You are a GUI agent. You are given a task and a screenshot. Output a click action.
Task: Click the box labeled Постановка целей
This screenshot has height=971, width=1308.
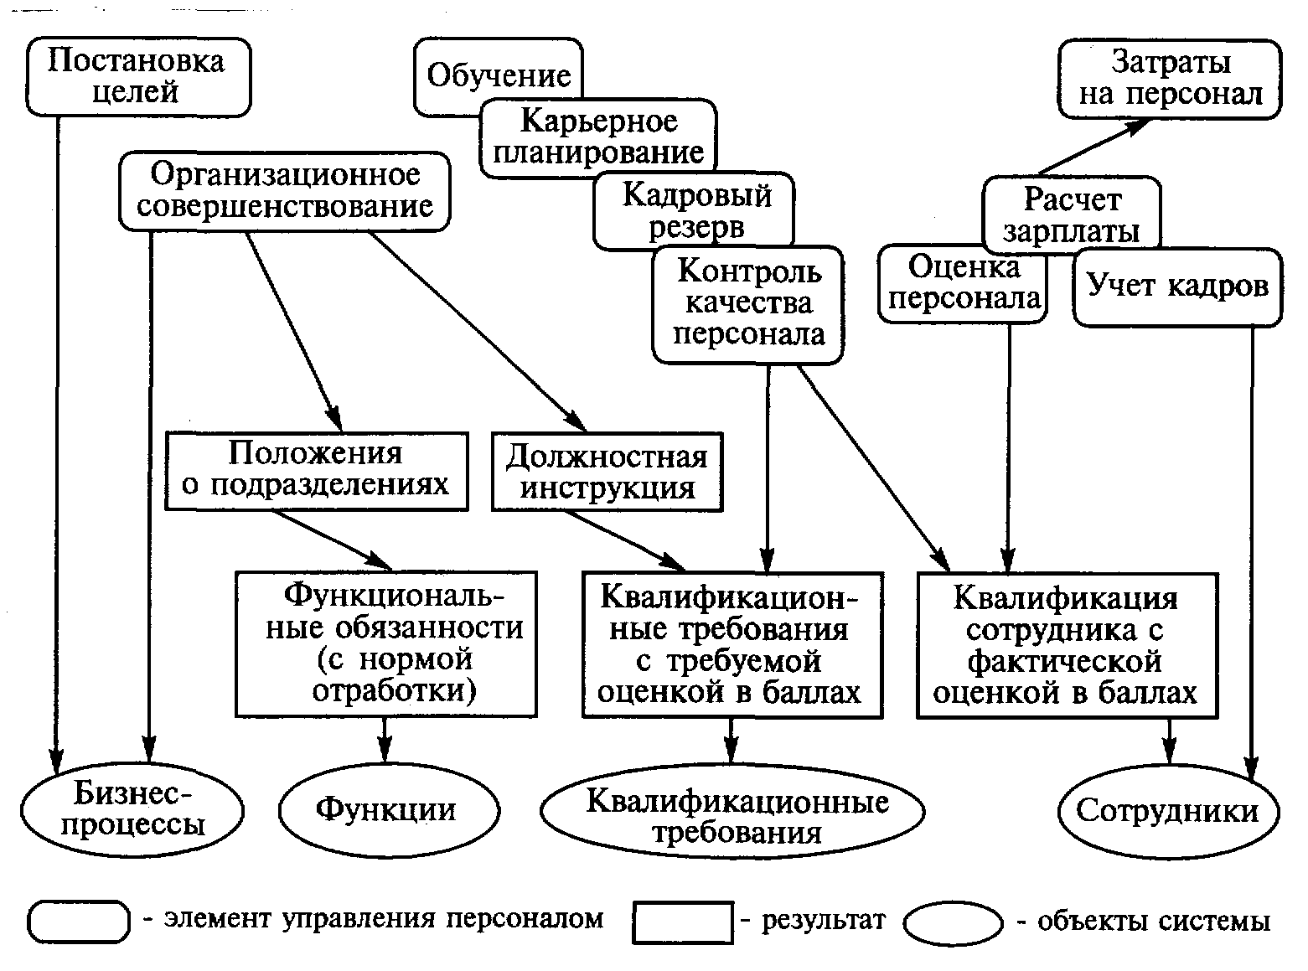tap(138, 76)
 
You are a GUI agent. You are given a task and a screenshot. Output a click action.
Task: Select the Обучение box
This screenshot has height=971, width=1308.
tap(499, 76)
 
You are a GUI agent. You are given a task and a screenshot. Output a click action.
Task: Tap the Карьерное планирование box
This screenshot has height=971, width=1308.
tap(598, 138)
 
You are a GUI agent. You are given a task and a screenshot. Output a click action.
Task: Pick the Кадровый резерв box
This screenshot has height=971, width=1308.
tap(694, 210)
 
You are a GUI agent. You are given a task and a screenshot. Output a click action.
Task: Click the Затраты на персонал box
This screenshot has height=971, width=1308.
tap(1170, 79)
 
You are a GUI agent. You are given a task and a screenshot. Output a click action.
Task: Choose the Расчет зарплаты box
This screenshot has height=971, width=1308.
tap(1072, 214)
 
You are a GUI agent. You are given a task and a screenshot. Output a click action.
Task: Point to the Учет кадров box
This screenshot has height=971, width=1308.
tap(1177, 287)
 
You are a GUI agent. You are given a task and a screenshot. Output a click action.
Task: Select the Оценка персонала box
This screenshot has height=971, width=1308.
tap(963, 283)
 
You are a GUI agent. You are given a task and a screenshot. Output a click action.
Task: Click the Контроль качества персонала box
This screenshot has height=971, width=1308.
tap(747, 304)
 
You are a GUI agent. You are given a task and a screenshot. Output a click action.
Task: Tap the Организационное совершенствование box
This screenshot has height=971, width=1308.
tap(285, 191)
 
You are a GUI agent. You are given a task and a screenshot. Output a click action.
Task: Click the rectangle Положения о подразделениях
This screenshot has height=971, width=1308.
tap(316, 471)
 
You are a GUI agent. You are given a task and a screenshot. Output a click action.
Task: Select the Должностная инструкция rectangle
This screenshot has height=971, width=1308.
tap(607, 472)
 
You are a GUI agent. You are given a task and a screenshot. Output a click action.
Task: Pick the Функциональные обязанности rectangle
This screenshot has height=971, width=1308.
tap(386, 643)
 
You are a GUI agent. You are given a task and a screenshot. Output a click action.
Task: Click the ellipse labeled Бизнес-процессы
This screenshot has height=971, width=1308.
tap(132, 809)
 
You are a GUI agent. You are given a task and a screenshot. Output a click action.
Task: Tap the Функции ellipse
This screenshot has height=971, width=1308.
tap(389, 809)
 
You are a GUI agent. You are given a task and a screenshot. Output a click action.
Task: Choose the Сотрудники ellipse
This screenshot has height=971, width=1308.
tap(1168, 812)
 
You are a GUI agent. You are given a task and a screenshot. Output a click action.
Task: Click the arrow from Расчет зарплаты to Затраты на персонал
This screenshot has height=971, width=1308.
tap(1094, 147)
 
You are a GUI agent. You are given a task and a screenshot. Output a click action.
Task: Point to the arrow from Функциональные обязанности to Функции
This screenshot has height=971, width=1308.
tap(385, 741)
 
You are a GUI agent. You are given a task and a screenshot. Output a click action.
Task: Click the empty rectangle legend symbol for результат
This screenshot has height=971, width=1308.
tap(683, 922)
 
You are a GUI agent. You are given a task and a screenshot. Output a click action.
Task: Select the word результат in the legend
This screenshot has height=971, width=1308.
tap(824, 920)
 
